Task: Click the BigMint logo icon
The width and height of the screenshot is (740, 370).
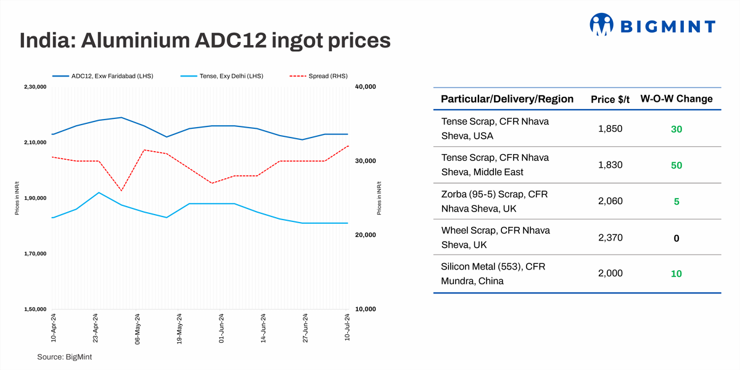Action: (x=602, y=26)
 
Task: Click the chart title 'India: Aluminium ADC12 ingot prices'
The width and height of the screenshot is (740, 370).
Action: (x=205, y=41)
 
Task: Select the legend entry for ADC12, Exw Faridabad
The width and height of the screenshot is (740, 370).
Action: (x=102, y=76)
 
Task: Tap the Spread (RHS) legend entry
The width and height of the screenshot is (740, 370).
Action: (x=318, y=76)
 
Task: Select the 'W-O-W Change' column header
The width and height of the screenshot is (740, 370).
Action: (x=676, y=99)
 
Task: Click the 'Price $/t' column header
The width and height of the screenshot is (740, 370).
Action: (x=610, y=99)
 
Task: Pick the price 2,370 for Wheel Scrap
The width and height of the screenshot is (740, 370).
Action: (x=610, y=237)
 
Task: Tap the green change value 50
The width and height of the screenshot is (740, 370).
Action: (x=676, y=165)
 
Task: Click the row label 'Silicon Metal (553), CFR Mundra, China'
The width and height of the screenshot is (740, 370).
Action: (x=493, y=274)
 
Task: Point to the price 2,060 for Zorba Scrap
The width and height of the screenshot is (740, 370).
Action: (x=610, y=201)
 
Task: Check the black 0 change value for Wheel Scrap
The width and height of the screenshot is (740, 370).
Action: (x=676, y=238)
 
